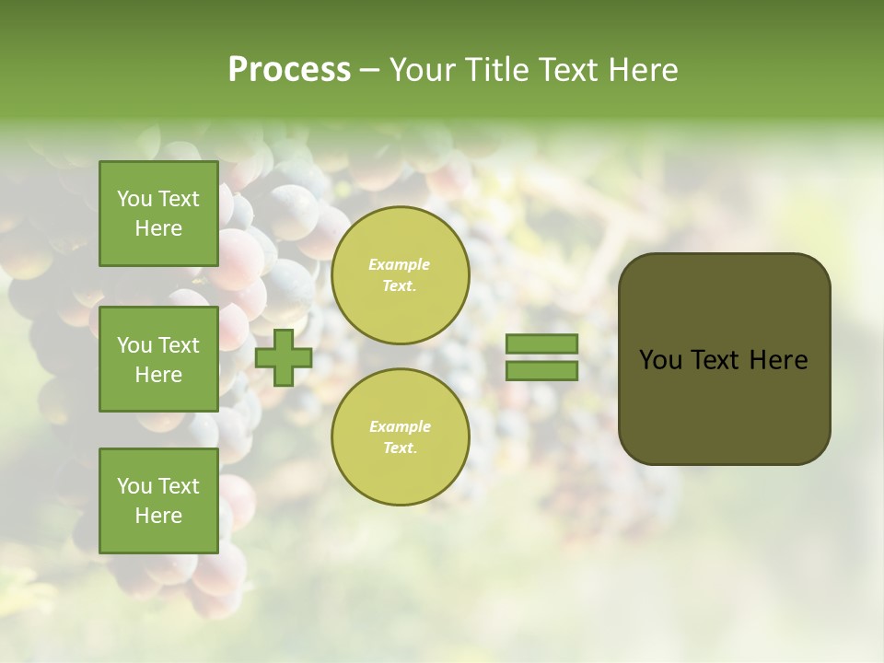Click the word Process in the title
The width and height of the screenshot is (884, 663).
click(289, 70)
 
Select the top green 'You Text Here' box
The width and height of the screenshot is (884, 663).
click(158, 214)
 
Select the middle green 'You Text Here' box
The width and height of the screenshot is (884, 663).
click(158, 359)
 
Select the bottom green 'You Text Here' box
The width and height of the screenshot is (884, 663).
click(158, 500)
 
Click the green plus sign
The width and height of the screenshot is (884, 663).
click(284, 357)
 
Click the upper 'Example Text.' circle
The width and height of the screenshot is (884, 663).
click(401, 275)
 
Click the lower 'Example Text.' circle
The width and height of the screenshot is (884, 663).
click(401, 437)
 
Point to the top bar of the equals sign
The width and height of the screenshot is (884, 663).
click(542, 343)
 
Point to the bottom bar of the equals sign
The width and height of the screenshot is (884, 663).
click(542, 370)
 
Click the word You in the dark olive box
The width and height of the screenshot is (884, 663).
click(660, 360)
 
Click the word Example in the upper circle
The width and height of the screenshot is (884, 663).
click(400, 264)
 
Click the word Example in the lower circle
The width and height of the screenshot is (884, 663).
click(400, 426)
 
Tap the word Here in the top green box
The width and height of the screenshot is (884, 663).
click(158, 228)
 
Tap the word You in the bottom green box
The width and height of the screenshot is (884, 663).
click(134, 486)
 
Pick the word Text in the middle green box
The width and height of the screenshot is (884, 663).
click(179, 345)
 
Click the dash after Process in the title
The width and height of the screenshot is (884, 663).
click(369, 70)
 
